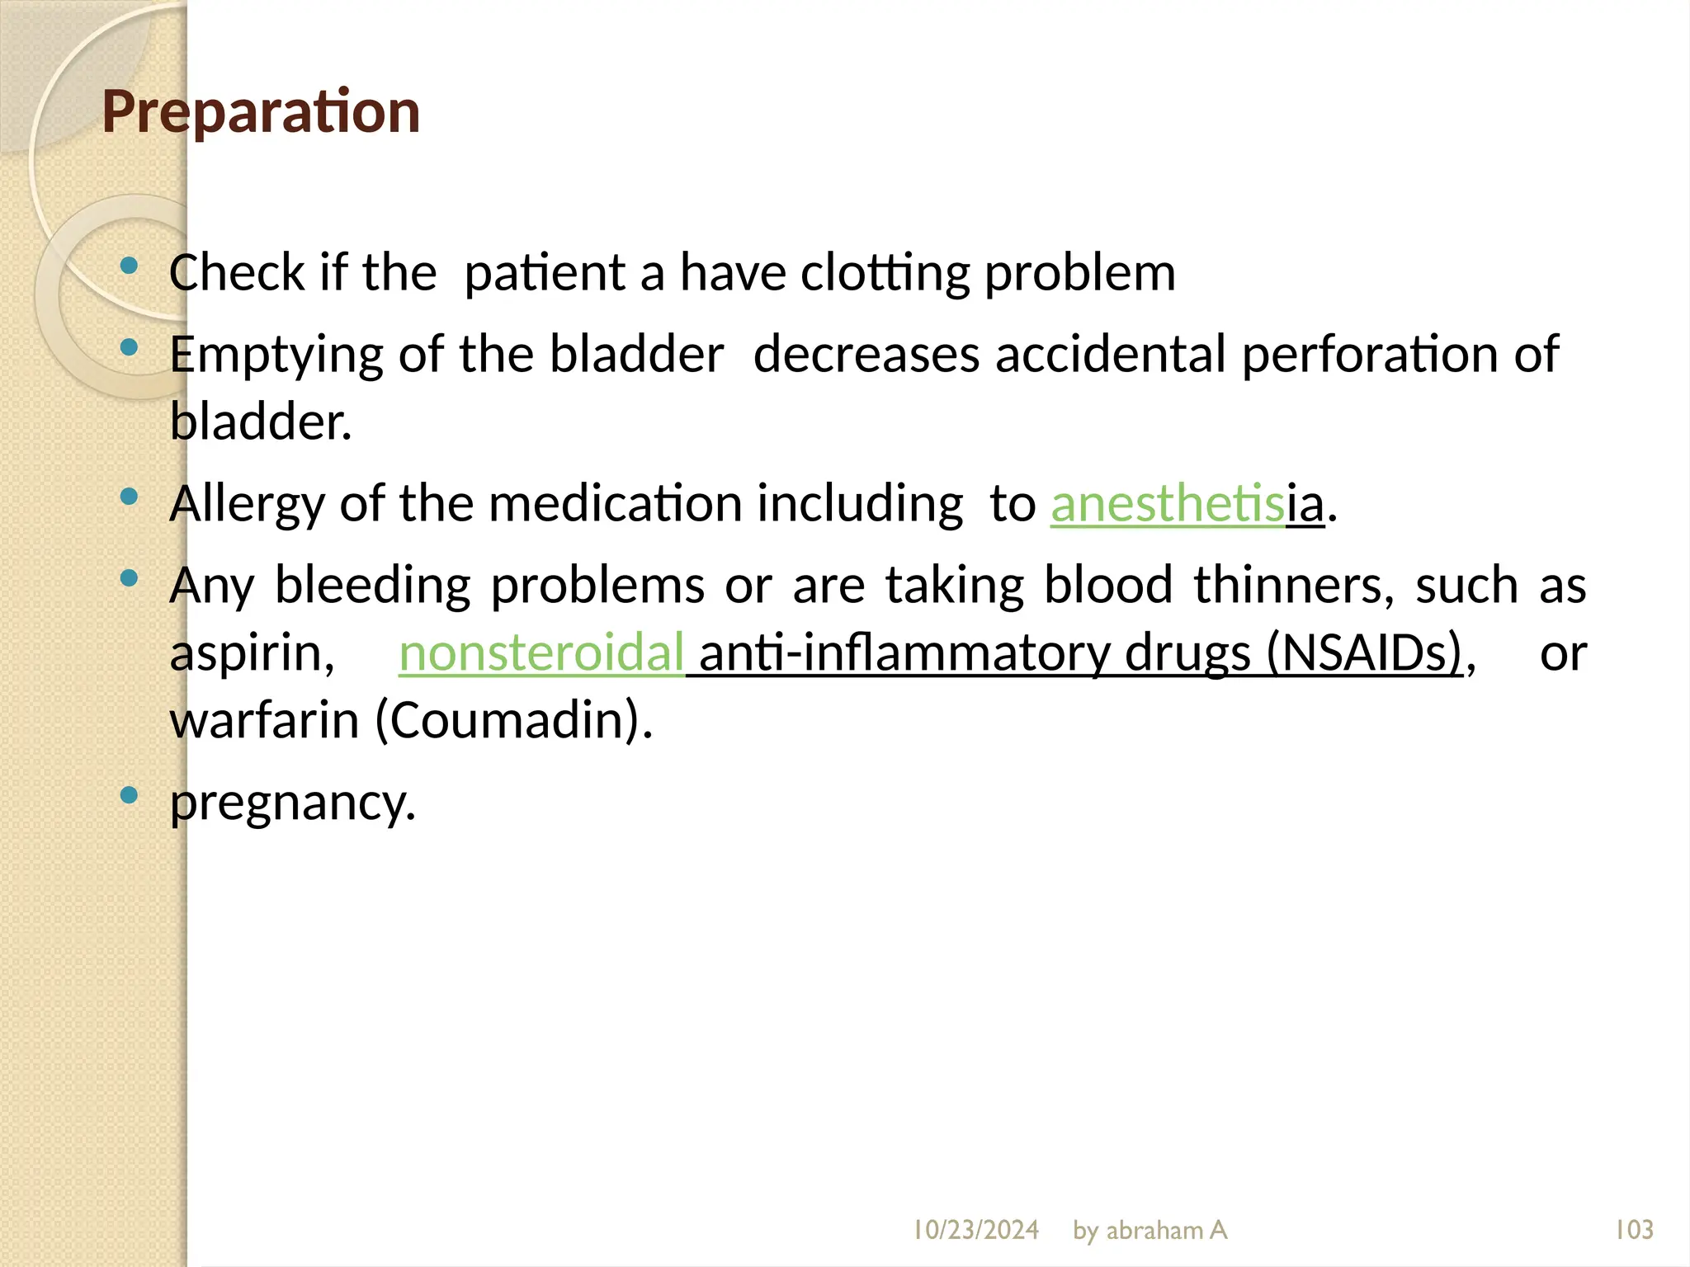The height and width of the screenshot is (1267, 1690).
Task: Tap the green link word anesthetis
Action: click(1167, 503)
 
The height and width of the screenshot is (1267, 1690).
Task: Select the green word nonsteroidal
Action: click(541, 652)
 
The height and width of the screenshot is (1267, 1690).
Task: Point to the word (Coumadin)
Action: click(513, 720)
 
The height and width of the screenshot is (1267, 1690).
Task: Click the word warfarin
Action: click(264, 720)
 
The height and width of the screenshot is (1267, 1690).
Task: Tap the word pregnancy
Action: click(292, 802)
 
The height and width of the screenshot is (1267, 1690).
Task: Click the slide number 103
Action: click(1633, 1230)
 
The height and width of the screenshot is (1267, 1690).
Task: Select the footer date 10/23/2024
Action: click(975, 1230)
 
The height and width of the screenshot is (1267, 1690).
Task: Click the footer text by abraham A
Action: click(1149, 1230)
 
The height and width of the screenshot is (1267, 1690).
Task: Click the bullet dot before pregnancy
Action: click(129, 795)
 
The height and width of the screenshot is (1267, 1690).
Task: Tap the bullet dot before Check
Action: click(129, 266)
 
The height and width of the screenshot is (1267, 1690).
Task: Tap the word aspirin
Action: click(252, 653)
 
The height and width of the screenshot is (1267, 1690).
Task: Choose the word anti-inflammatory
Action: click(904, 652)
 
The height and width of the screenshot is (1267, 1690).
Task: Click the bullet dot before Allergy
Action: click(129, 497)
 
